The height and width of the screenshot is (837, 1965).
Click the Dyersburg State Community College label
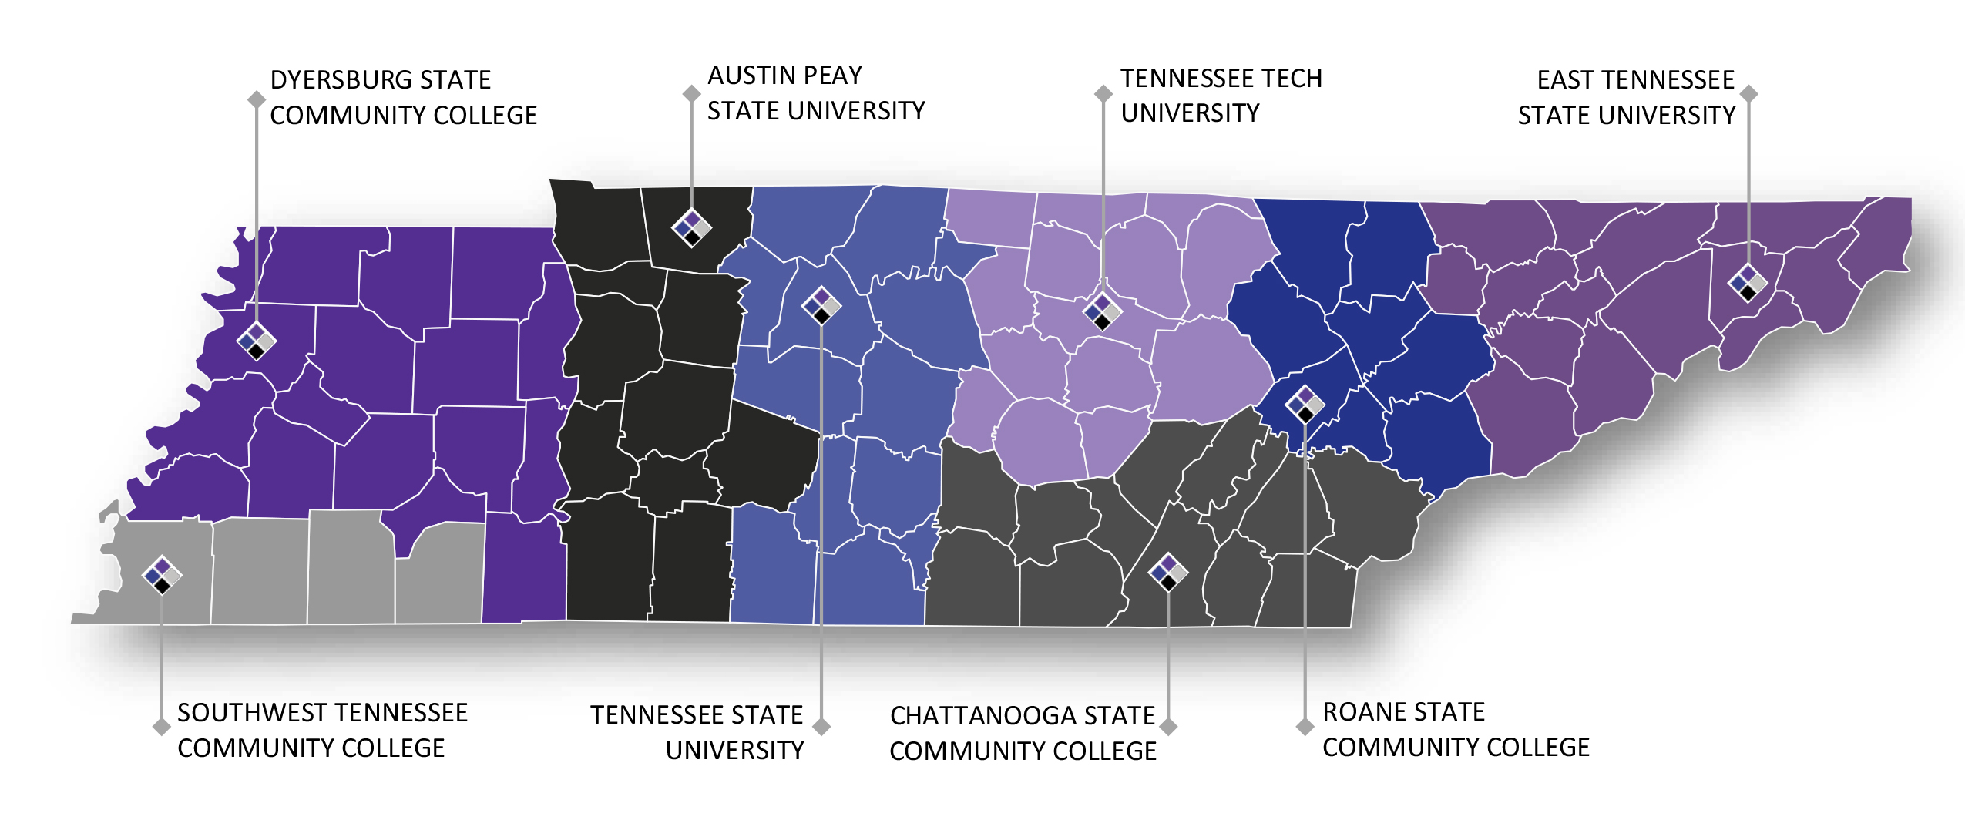click(x=403, y=98)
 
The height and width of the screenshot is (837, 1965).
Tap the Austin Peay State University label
click(x=815, y=93)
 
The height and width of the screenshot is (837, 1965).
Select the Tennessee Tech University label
click(x=1221, y=96)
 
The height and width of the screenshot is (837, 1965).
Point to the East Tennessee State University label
click(x=1626, y=98)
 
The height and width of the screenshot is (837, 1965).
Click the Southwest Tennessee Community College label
click(x=322, y=730)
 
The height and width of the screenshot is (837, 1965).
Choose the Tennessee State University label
click(x=697, y=732)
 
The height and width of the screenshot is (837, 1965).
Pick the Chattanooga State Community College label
click(x=1023, y=733)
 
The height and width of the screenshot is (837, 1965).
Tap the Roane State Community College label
click(x=1456, y=729)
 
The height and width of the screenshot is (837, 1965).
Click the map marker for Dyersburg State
click(x=256, y=340)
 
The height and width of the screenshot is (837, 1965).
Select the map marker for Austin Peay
click(x=691, y=227)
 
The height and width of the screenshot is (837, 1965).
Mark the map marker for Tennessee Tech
click(x=1103, y=311)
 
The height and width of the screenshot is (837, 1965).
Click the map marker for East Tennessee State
click(x=1748, y=284)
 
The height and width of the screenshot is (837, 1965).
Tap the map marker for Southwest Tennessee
click(x=162, y=575)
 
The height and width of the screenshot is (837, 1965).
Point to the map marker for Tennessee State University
click(x=821, y=305)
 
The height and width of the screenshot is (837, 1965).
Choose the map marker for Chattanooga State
click(x=1168, y=572)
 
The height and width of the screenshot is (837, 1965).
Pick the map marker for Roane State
click(x=1305, y=404)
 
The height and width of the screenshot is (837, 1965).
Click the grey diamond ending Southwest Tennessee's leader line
click(x=161, y=727)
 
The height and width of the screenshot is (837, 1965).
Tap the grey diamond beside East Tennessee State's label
click(x=1749, y=93)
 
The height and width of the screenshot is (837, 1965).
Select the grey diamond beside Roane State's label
click(x=1305, y=727)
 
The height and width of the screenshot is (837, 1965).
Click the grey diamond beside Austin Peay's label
click(x=691, y=93)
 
